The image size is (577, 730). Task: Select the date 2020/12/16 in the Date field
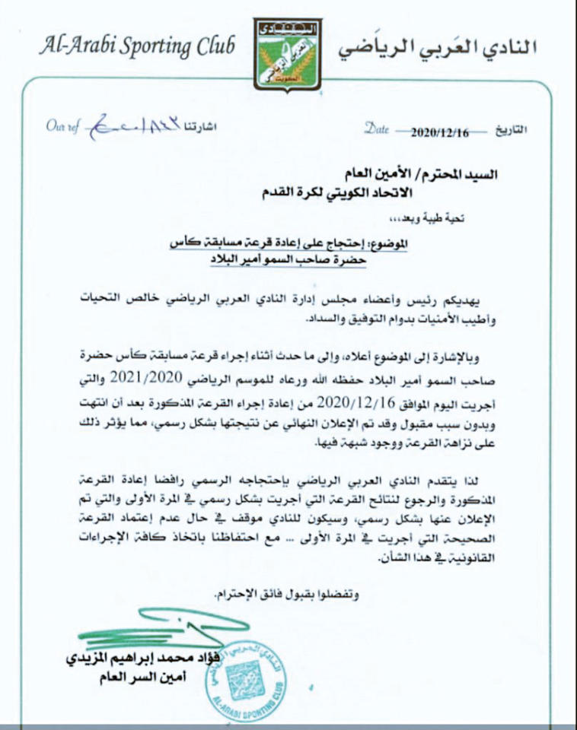pyautogui.click(x=440, y=132)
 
